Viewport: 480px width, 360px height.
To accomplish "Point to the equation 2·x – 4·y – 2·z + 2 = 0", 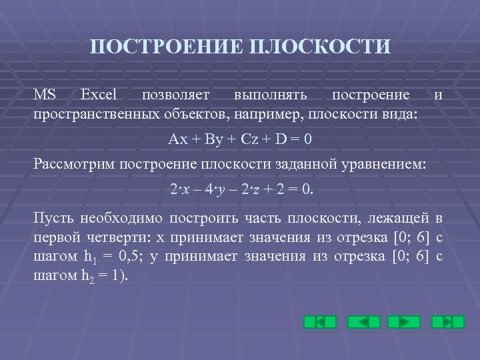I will click(x=240, y=191).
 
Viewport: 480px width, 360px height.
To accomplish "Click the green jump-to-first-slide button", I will click(x=319, y=322).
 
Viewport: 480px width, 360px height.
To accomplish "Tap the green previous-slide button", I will click(x=361, y=322).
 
